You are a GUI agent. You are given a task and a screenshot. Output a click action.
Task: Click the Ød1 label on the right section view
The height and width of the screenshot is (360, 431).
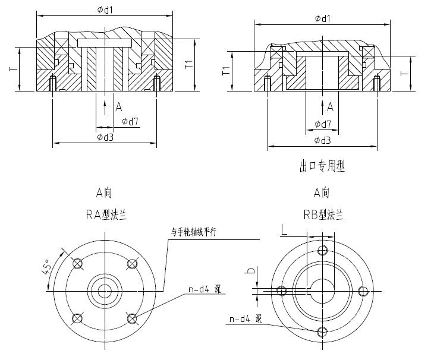point(322,18)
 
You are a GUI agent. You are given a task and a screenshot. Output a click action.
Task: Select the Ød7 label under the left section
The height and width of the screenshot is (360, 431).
point(130,122)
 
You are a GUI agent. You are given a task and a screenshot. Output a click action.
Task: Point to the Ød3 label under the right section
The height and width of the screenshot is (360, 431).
point(322,140)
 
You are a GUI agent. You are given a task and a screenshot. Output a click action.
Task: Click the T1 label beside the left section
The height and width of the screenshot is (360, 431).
point(188,64)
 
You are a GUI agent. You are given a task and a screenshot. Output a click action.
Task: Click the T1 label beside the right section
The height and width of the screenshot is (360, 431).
point(226,72)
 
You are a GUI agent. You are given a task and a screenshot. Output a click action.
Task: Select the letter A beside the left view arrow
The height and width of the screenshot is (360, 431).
point(119,107)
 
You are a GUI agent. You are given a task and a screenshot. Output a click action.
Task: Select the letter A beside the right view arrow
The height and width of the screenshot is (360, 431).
point(331,107)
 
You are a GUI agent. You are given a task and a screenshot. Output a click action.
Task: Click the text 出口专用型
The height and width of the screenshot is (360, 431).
point(322,167)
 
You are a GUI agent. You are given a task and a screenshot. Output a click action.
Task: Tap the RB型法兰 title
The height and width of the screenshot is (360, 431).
point(322,214)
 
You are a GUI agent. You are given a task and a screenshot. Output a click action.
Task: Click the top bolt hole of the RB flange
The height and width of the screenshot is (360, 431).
point(323,250)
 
